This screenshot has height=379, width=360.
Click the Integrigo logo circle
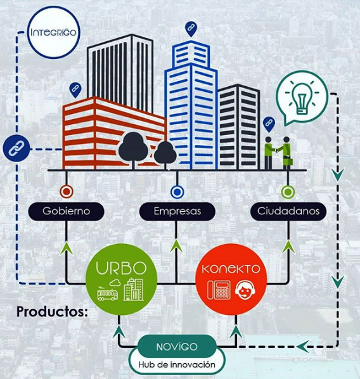[54, 32]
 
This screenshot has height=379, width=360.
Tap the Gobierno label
[67, 211]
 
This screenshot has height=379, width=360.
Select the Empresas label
[177, 211]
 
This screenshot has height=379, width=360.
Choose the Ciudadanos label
[288, 211]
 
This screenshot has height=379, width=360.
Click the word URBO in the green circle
[121, 268]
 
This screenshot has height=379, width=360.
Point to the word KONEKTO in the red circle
[231, 269]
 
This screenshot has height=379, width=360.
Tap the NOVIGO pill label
[177, 347]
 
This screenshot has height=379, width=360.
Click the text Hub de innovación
[177, 364]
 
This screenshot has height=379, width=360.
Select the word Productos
[52, 312]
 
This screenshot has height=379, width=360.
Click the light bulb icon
[302, 99]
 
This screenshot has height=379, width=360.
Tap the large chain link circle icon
[16, 148]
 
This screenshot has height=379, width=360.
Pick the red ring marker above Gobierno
[67, 191]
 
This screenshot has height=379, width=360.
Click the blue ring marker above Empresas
[177, 192]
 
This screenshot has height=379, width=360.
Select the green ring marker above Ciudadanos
[288, 192]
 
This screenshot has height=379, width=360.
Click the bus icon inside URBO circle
[107, 293]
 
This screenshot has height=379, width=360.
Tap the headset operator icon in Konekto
[245, 290]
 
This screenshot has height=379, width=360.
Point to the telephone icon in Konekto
[219, 290]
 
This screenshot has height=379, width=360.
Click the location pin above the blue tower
[191, 29]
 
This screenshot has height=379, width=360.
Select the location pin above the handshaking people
[269, 124]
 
